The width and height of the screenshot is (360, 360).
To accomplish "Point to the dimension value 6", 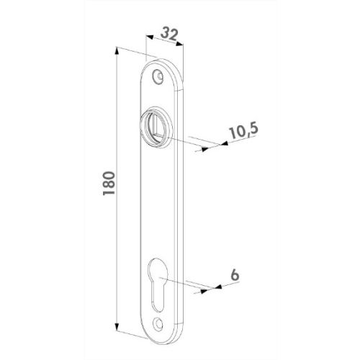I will (234, 274).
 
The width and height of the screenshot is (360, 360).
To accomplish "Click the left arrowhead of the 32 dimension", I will (148, 37).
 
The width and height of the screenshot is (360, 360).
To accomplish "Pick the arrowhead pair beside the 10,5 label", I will (215, 147).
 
